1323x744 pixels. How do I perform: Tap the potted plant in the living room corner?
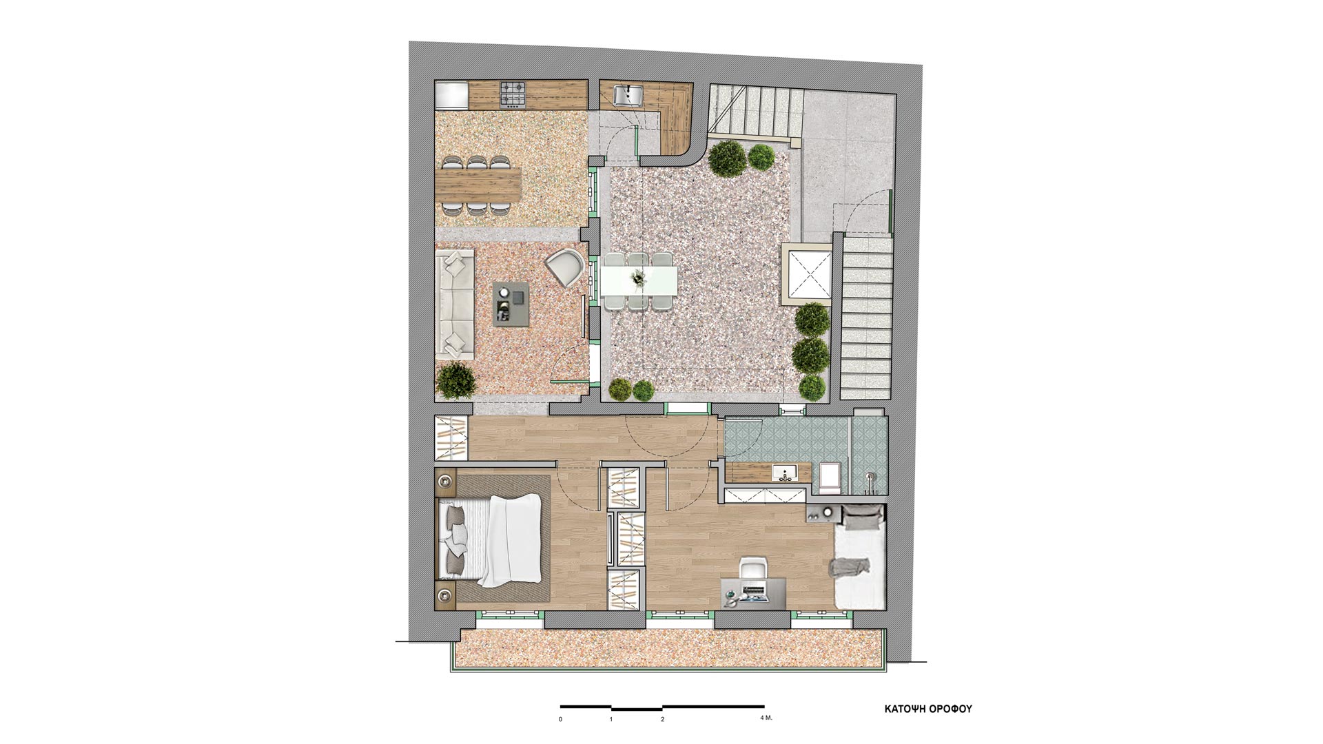455,380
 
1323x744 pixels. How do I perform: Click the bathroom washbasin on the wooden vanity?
784,472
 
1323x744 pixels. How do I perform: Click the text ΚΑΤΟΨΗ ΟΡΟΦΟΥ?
928,709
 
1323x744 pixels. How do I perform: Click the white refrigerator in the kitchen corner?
451,95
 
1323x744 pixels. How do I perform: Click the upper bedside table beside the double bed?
445,482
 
